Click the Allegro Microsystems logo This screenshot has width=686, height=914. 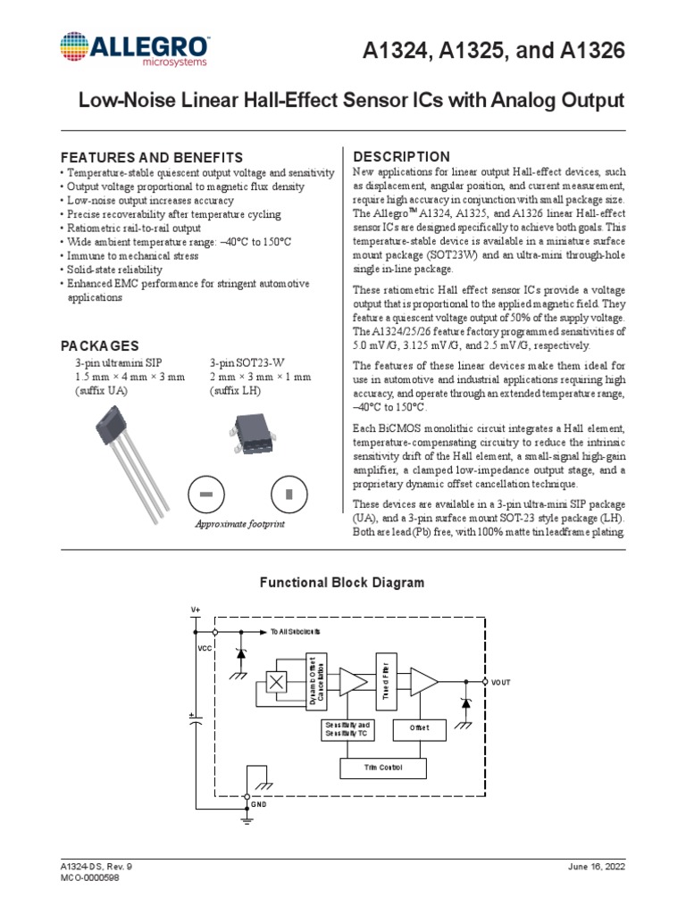point(135,50)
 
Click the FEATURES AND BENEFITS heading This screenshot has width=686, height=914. point(151,157)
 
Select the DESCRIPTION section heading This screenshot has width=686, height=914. point(402,157)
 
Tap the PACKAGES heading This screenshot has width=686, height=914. point(99,345)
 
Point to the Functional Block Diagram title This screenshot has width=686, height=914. point(342,583)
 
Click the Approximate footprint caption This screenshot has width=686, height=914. point(240,524)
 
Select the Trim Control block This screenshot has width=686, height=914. point(384,767)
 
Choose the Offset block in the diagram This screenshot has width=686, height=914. point(419,728)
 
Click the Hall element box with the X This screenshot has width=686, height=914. point(277,682)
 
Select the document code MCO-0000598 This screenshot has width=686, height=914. point(89,878)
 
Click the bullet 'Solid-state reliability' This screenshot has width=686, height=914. point(113,270)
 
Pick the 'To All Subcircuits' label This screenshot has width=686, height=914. point(295,631)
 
